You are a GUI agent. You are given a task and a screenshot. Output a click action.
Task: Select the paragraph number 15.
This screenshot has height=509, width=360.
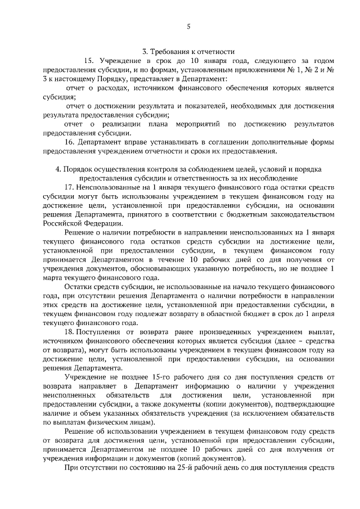[89, 60]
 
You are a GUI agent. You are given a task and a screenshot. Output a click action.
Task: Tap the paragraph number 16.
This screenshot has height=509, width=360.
[70, 142]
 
